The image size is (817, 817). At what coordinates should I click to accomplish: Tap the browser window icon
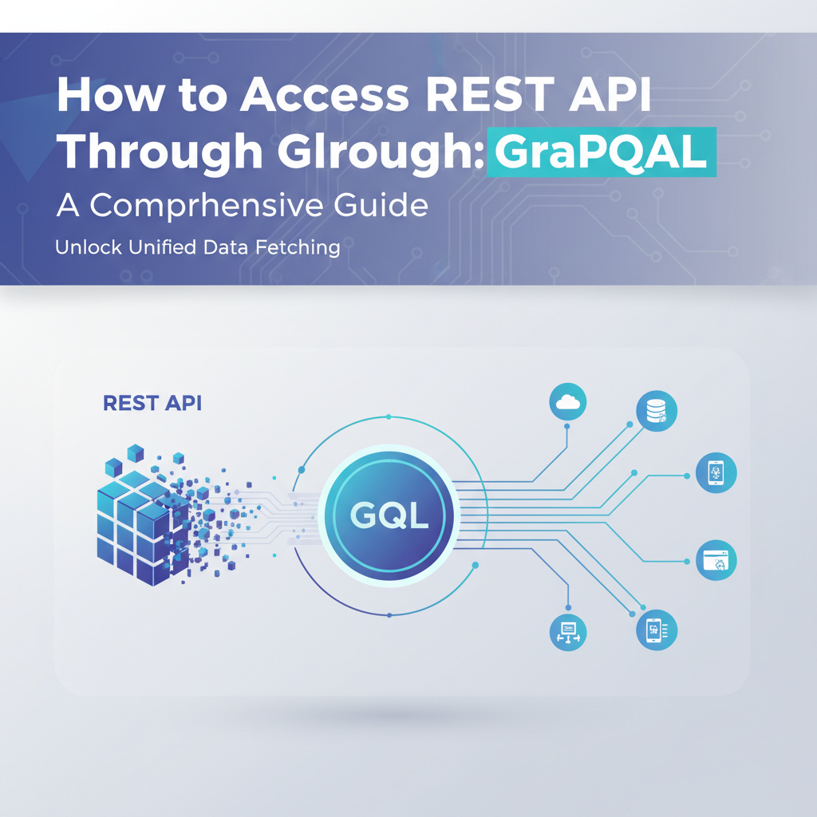716,559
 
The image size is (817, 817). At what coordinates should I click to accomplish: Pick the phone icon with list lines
656,630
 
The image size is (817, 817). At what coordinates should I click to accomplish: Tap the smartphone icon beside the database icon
716,472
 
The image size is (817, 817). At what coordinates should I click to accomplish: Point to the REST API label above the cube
152,403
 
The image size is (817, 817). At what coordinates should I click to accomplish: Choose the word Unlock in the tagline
88,247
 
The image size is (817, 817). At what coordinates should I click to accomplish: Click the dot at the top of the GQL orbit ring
388,416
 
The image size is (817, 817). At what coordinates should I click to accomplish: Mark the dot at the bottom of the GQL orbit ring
388,615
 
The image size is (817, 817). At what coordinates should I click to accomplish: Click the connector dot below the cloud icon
567,427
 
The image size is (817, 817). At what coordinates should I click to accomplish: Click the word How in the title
103,97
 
